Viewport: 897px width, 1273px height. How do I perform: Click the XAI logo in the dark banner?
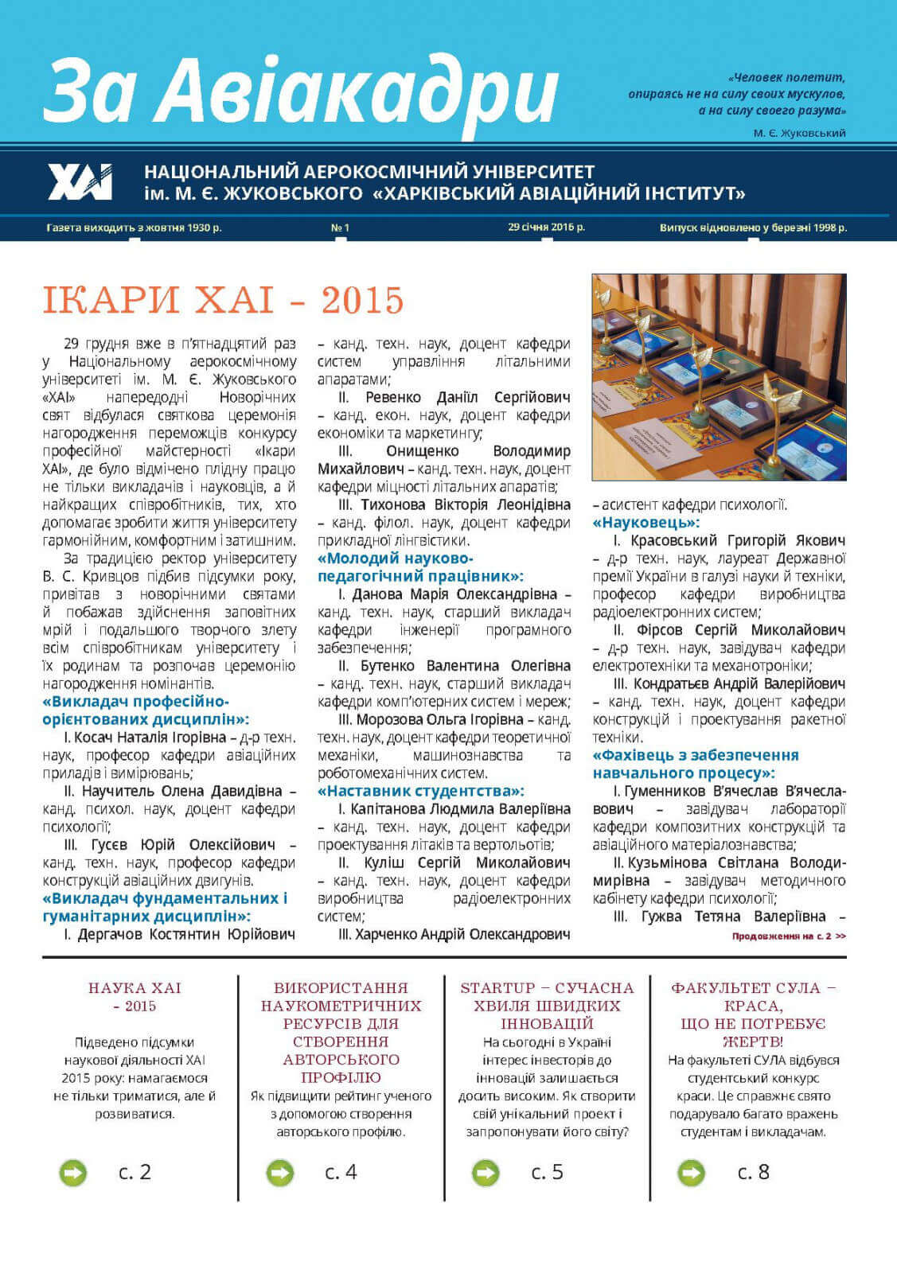tap(80, 182)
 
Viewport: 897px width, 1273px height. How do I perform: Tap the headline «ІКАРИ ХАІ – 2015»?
tap(223, 300)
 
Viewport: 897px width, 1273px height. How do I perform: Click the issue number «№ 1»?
tap(340, 228)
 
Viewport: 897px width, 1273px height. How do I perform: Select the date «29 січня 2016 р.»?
tap(546, 227)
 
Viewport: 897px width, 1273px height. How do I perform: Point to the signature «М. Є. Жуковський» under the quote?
tap(799, 133)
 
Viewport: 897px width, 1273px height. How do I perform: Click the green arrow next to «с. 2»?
tap(73, 1172)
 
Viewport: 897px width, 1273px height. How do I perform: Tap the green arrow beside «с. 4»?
tap(279, 1172)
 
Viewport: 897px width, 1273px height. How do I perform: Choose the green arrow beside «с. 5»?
tap(486, 1172)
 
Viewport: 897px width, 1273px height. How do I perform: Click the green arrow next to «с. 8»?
tap(691, 1172)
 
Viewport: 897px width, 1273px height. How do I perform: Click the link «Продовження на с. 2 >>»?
tap(789, 936)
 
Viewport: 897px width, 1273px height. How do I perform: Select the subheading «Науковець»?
tap(646, 523)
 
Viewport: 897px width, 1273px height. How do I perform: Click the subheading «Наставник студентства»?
tap(420, 791)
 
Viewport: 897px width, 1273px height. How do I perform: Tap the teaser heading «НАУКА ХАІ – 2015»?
tap(135, 997)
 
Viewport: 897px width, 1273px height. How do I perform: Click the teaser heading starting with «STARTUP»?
tap(547, 1006)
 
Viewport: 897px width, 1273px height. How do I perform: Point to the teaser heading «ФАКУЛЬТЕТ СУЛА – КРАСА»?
tap(753, 1014)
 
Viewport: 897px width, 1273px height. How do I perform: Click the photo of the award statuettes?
tap(719, 377)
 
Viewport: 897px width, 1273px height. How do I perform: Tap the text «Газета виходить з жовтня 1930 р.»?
tap(134, 228)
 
